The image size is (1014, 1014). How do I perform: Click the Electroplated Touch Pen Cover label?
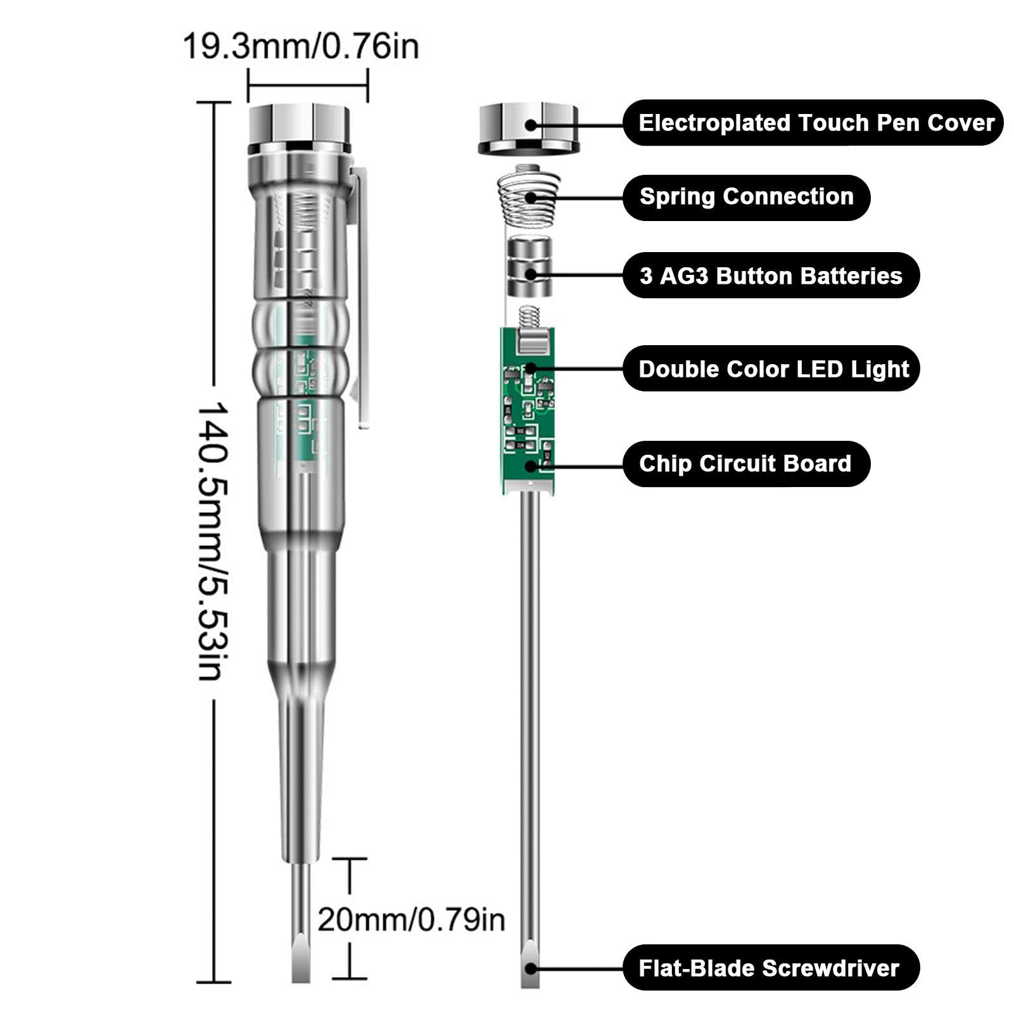point(815,123)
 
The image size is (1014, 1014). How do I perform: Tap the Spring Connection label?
point(746,197)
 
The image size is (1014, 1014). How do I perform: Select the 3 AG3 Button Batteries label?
point(771,276)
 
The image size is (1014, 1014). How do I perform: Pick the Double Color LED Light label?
point(773,369)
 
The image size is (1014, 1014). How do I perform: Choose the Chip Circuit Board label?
point(745,464)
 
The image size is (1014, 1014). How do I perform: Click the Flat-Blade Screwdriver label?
point(769,968)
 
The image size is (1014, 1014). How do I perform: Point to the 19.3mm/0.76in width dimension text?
point(301,46)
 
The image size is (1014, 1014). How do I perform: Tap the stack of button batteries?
point(529,267)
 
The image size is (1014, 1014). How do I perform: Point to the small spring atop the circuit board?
point(529,316)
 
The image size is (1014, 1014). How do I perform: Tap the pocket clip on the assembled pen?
point(362,298)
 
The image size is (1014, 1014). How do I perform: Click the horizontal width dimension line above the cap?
point(308,85)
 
